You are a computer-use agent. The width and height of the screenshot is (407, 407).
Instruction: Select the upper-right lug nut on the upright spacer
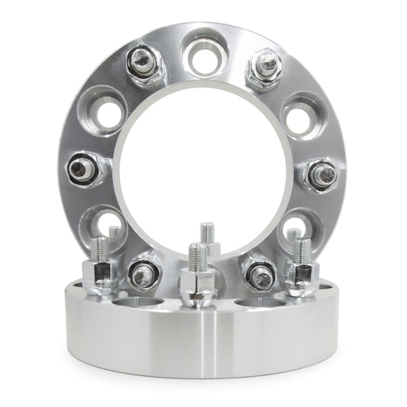(x=265, y=66)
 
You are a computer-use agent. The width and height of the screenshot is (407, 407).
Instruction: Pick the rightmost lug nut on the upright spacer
(x=323, y=174)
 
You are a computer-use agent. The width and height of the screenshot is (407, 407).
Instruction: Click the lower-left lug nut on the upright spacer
(x=144, y=272)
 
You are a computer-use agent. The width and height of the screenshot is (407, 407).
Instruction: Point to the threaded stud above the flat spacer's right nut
(x=302, y=249)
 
